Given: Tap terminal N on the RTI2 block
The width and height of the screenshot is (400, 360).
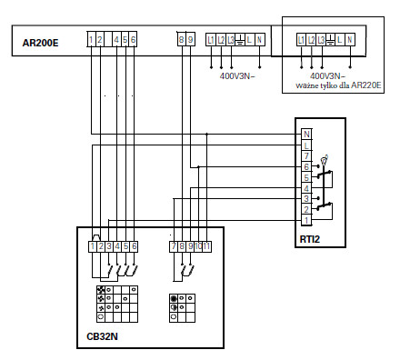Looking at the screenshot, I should (307, 135).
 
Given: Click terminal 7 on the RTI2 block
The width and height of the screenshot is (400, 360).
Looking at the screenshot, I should (307, 155).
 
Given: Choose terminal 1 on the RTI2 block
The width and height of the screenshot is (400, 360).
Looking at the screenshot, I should (307, 220).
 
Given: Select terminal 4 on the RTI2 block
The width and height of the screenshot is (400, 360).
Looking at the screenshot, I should (307, 187).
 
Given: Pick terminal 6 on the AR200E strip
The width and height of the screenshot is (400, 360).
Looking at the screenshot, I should (134, 39).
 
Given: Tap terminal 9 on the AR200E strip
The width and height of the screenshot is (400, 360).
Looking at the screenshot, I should (190, 39).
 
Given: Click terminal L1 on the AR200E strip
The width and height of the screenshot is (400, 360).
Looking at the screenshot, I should (211, 39).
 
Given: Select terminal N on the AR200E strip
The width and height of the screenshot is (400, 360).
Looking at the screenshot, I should (260, 39).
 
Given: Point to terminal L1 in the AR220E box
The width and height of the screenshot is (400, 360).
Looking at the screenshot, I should (301, 40).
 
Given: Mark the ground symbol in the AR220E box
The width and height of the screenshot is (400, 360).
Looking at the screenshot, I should (330, 40).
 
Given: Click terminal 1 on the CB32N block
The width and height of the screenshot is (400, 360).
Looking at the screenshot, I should (93, 246).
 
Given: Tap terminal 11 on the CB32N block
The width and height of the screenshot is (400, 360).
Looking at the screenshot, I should (207, 246).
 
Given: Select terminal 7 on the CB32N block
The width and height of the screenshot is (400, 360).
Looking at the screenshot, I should (173, 246).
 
